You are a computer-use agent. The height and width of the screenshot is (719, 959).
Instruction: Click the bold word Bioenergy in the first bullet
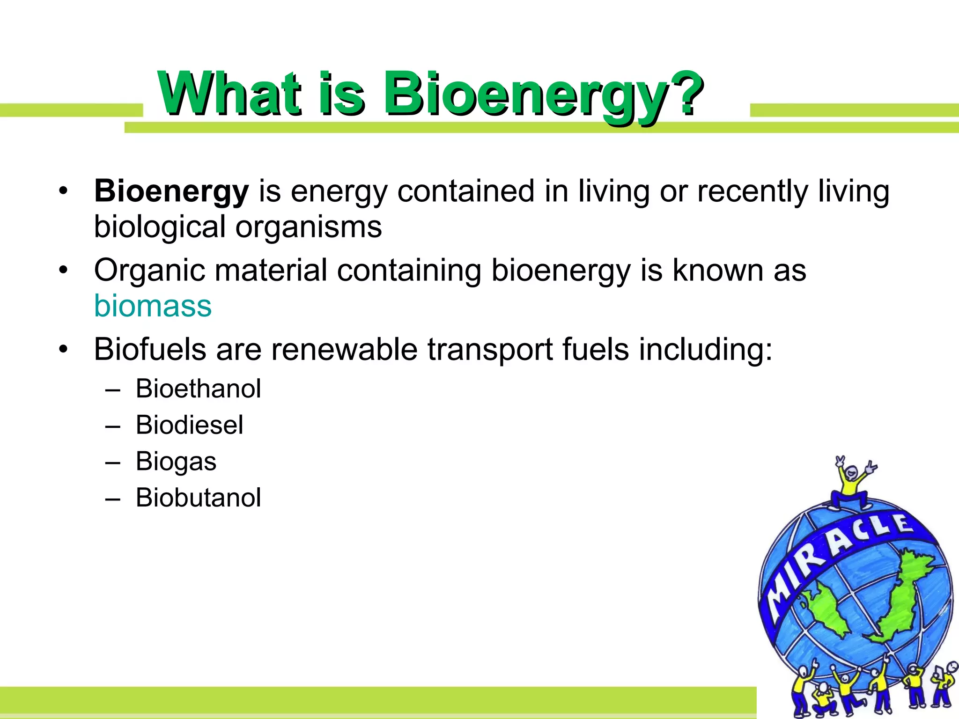(x=171, y=192)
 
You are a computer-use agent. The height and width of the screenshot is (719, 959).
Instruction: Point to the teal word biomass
(x=153, y=306)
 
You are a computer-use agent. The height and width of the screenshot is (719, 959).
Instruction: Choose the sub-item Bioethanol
(x=198, y=389)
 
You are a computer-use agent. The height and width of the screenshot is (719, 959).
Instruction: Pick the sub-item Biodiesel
(x=189, y=425)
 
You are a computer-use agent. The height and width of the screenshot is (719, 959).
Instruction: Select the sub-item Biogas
(x=176, y=462)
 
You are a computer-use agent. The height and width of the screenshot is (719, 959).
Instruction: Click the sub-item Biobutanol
(x=198, y=498)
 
